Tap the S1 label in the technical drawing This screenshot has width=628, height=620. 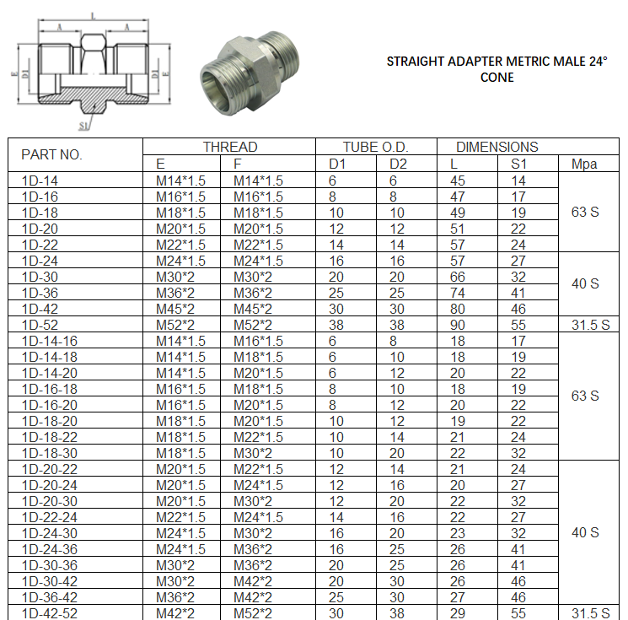(x=84, y=126)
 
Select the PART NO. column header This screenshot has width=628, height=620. (x=51, y=155)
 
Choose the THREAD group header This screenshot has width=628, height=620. (x=229, y=147)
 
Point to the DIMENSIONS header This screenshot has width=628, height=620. (x=497, y=147)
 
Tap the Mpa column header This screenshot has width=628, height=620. (x=584, y=164)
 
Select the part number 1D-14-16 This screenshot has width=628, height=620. (x=49, y=341)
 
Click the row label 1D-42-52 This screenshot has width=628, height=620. (x=49, y=613)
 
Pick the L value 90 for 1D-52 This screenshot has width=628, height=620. (x=458, y=325)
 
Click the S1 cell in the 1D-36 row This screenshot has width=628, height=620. (x=518, y=293)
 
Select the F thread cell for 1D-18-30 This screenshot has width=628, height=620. (x=253, y=453)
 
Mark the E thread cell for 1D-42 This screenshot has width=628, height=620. (x=175, y=309)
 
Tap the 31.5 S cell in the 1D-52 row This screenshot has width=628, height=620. (x=589, y=325)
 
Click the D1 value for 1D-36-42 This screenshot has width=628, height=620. (x=336, y=597)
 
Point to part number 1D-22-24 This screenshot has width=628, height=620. (x=49, y=517)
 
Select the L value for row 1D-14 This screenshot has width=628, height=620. (x=458, y=181)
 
